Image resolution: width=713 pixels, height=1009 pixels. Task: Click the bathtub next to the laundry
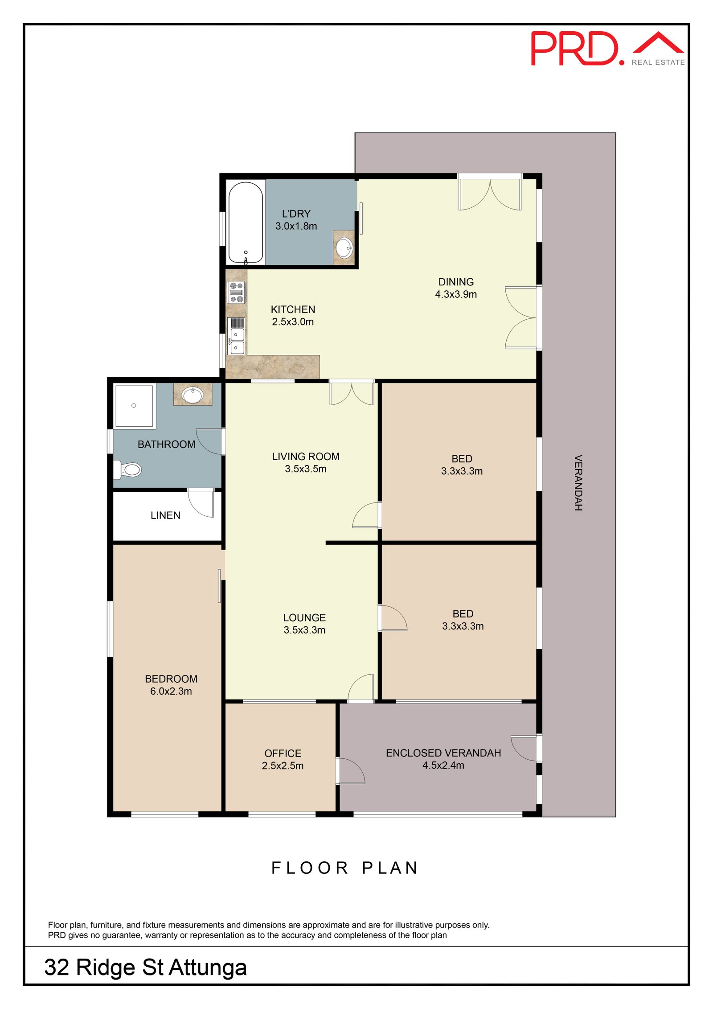pos(246,222)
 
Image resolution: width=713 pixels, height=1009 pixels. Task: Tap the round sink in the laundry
pos(344,248)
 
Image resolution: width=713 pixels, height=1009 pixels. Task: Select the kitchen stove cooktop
pos(236,292)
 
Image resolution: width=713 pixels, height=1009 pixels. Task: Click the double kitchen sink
pos(237,336)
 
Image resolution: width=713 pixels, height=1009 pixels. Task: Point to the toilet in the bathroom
pos(128,469)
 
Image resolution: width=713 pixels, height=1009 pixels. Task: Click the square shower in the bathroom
pos(134,406)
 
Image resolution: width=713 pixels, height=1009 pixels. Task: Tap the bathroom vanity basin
pos(193,395)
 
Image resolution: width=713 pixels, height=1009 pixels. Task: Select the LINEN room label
pos(165,515)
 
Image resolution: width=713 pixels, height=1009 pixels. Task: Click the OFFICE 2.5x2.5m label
pos(283,759)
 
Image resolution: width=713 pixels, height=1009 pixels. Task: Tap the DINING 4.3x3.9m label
pos(456,288)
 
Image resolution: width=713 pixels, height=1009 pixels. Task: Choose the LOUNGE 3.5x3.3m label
pos(304,624)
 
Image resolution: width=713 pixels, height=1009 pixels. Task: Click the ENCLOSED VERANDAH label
pos(443,753)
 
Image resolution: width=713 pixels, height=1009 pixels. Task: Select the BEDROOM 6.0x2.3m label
pos(171,685)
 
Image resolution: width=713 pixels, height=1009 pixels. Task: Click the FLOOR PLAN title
pos(345,868)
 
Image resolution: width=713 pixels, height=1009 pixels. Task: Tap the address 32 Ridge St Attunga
pos(145,967)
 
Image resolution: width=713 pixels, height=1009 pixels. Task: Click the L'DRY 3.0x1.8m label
pos(296,220)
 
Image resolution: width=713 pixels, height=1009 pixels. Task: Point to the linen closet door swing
pos(201,503)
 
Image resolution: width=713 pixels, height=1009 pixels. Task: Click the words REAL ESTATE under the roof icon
pos(658,62)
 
